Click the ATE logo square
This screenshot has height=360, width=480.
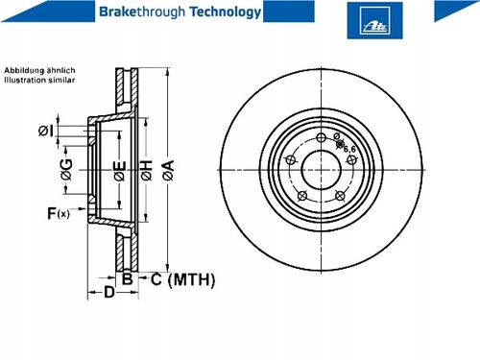click(x=374, y=20)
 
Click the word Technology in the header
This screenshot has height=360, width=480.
click(x=226, y=12)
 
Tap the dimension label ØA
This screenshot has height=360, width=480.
click(x=168, y=170)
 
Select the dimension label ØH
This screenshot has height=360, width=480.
click(x=147, y=170)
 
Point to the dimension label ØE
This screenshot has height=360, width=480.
click(x=120, y=171)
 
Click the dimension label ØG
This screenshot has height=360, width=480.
click(x=67, y=169)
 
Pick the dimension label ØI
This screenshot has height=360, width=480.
click(x=46, y=131)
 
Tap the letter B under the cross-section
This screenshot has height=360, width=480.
click(x=128, y=279)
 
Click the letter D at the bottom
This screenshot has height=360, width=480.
click(x=109, y=292)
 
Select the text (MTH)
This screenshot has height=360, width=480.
click(x=191, y=279)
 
